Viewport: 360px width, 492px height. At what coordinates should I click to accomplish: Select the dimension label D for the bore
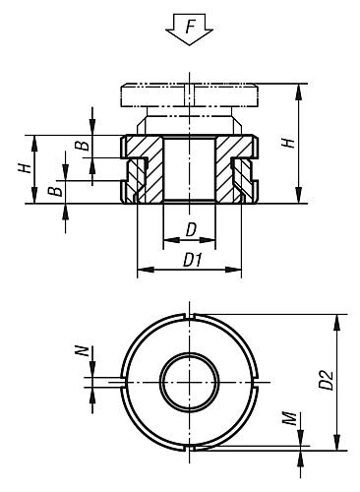click(189, 229)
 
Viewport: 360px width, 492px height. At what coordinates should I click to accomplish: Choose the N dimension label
click(86, 350)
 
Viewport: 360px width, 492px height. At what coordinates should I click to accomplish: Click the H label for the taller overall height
click(288, 143)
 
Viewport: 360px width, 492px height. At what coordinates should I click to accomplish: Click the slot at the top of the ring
click(189, 317)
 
